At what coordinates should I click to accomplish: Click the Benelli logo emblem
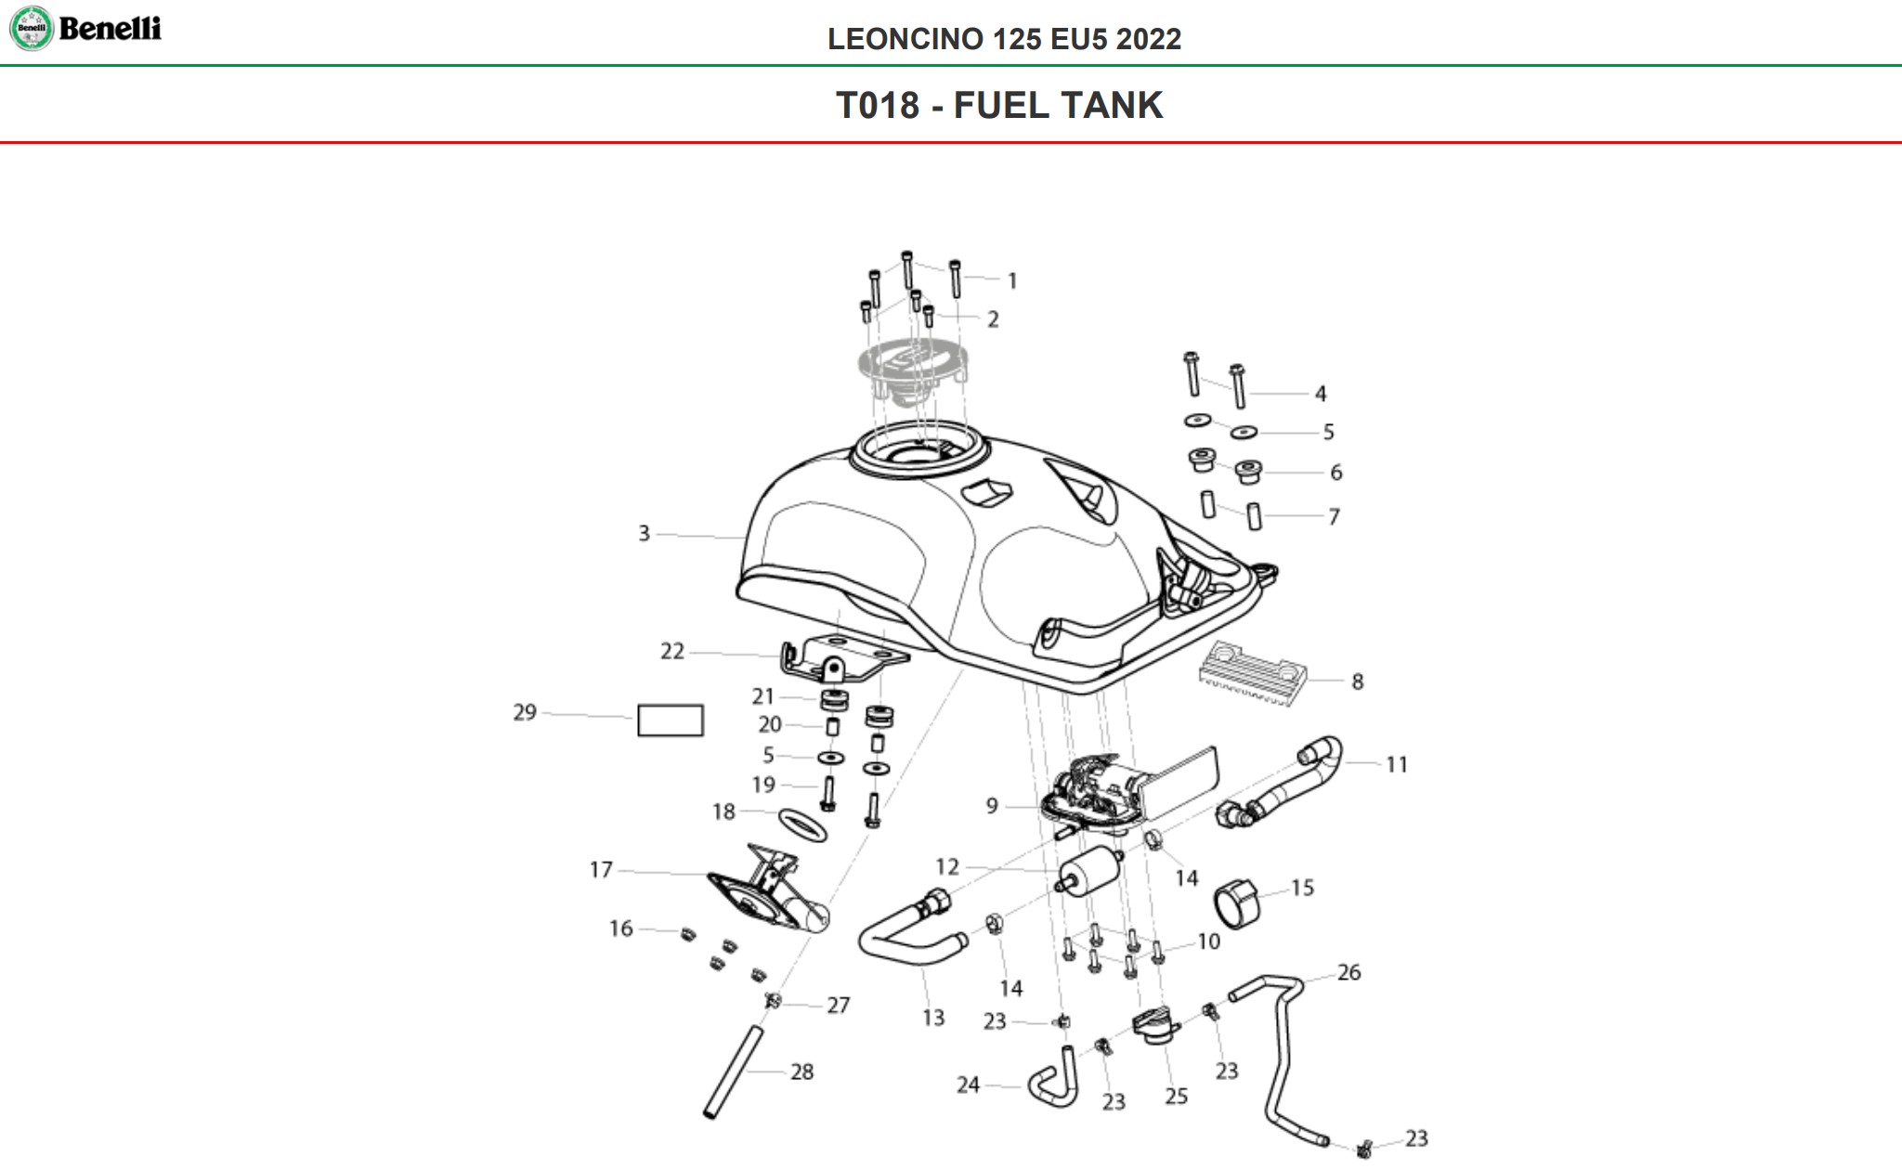[32, 28]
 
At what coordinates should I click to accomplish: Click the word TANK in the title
[1114, 105]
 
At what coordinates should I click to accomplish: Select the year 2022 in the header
[1148, 39]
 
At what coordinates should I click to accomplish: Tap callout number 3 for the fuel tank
[644, 534]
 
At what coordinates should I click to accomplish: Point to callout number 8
[1357, 682]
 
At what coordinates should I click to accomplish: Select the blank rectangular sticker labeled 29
[670, 721]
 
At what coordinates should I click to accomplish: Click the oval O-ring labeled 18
[802, 825]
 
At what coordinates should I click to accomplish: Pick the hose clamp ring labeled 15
[1237, 903]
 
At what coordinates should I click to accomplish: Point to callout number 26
[1348, 973]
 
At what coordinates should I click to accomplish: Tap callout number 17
[601, 870]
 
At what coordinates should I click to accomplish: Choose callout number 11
[1396, 765]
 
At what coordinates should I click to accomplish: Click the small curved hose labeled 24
[1055, 1084]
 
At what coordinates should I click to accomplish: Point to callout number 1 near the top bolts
[1012, 280]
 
